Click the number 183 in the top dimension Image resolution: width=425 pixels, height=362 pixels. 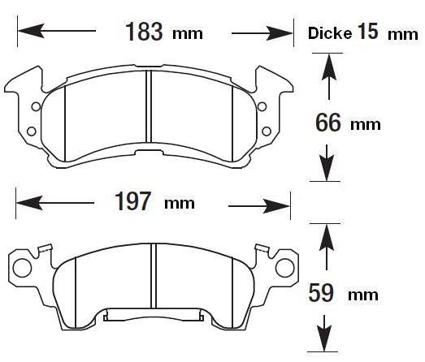tap(144, 32)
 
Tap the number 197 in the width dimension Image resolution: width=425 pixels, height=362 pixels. tap(132, 201)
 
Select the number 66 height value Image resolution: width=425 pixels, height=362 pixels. tap(328, 123)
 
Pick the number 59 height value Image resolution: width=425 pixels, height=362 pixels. tap(321, 293)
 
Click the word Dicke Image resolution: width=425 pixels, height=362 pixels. tap(330, 33)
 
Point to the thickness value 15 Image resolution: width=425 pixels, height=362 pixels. tap(367, 31)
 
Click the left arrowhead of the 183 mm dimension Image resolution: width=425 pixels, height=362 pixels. tap(31, 31)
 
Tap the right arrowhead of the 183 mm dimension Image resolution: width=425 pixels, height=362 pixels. tap(280, 33)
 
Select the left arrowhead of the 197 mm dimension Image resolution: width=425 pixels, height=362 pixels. tap(29, 203)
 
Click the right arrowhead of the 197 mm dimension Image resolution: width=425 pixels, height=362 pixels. tap(276, 206)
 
